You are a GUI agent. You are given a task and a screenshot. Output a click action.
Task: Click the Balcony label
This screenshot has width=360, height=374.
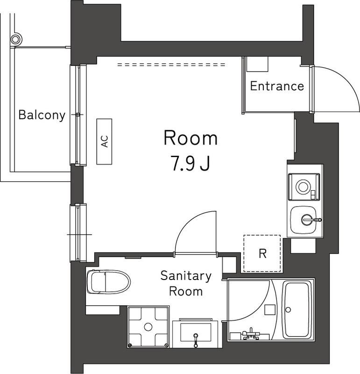[x=42, y=115]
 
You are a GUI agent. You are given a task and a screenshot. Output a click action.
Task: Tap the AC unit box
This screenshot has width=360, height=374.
[x=105, y=141]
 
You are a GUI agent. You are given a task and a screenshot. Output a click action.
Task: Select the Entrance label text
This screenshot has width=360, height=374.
[x=277, y=86]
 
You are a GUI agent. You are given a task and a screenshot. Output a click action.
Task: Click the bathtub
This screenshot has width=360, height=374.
[x=297, y=309]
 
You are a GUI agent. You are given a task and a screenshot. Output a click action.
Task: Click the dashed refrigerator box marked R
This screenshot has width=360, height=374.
[x=262, y=253]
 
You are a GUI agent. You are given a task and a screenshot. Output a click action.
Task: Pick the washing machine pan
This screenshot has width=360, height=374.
[x=148, y=326]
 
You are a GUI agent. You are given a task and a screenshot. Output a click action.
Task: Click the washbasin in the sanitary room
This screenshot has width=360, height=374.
[x=195, y=333]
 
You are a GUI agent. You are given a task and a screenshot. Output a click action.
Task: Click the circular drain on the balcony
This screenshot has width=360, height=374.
[x=16, y=39]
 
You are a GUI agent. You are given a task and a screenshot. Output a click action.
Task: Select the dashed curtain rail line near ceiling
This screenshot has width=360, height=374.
[x=171, y=65]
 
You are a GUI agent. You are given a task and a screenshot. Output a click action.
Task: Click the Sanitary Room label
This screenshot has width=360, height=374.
[x=185, y=284]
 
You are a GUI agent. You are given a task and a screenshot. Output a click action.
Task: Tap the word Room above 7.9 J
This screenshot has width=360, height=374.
[x=191, y=138]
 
